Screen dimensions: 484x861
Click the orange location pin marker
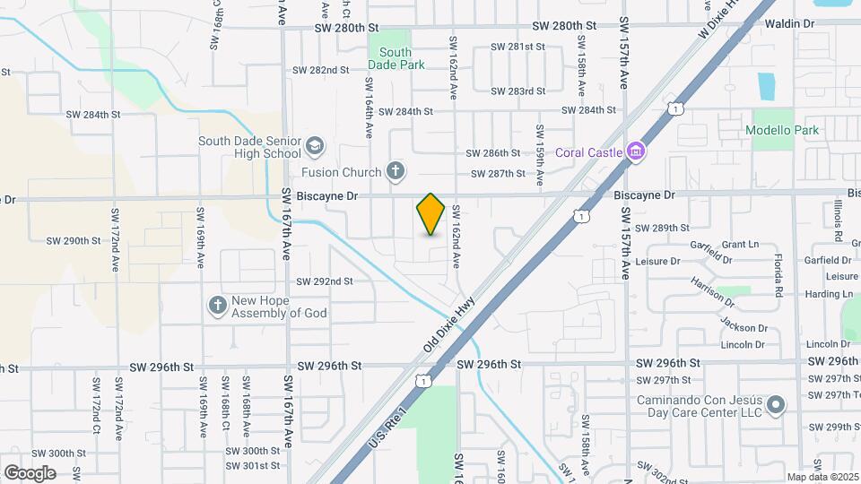click(430, 214)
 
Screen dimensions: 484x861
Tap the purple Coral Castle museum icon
click(636, 151)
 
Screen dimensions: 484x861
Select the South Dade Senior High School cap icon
click(314, 145)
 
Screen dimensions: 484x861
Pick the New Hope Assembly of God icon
click(217, 307)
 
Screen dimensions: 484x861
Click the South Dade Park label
click(396, 58)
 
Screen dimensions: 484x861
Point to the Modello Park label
click(782, 130)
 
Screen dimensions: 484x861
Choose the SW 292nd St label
click(324, 281)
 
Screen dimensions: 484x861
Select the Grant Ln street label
click(740, 244)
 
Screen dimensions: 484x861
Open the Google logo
click(30, 472)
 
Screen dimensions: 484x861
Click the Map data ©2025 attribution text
click(822, 477)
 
